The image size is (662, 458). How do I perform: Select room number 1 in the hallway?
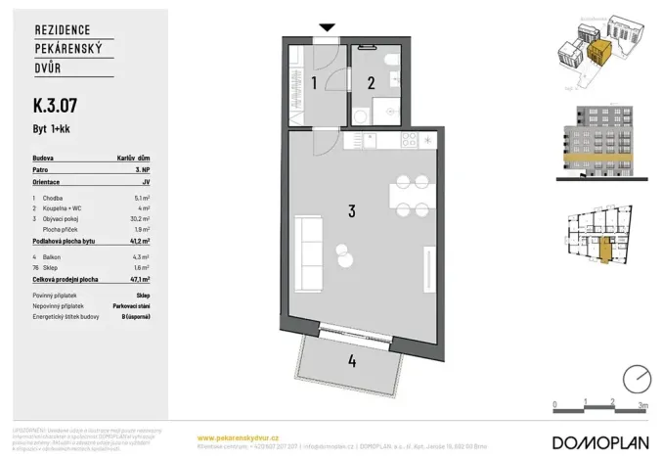[x=313, y=83]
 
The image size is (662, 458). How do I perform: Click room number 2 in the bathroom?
[x=371, y=83]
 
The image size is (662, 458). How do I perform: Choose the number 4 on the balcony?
[x=350, y=359]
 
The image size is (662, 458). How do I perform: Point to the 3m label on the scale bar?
[x=642, y=402]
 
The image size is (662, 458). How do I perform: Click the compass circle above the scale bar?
[x=638, y=378]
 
